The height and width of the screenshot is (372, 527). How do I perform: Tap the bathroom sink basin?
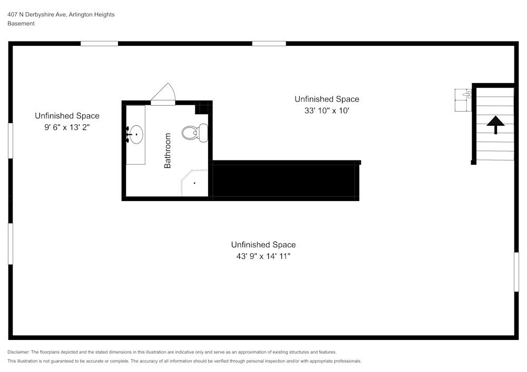(136, 135)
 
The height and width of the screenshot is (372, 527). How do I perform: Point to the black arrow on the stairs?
(495, 125)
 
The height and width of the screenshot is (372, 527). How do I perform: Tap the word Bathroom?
(168, 150)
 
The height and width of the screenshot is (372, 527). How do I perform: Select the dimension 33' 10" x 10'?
(327, 111)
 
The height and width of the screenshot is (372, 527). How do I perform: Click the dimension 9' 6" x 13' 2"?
(67, 128)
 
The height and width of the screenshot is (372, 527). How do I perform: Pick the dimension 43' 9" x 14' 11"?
(263, 257)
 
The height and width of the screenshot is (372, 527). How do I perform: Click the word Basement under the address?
(21, 24)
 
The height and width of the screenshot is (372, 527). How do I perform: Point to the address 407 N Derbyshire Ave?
(37, 15)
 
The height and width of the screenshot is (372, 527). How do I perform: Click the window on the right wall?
(516, 272)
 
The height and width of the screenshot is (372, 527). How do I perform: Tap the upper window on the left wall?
(10, 140)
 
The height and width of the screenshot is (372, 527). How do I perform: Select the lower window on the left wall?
(10, 244)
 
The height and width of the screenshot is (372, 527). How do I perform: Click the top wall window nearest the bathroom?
(99, 44)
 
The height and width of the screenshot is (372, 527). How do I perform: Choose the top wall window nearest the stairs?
(269, 44)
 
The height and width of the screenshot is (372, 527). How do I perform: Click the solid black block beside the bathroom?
(285, 181)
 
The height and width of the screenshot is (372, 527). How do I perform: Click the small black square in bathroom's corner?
(202, 109)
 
